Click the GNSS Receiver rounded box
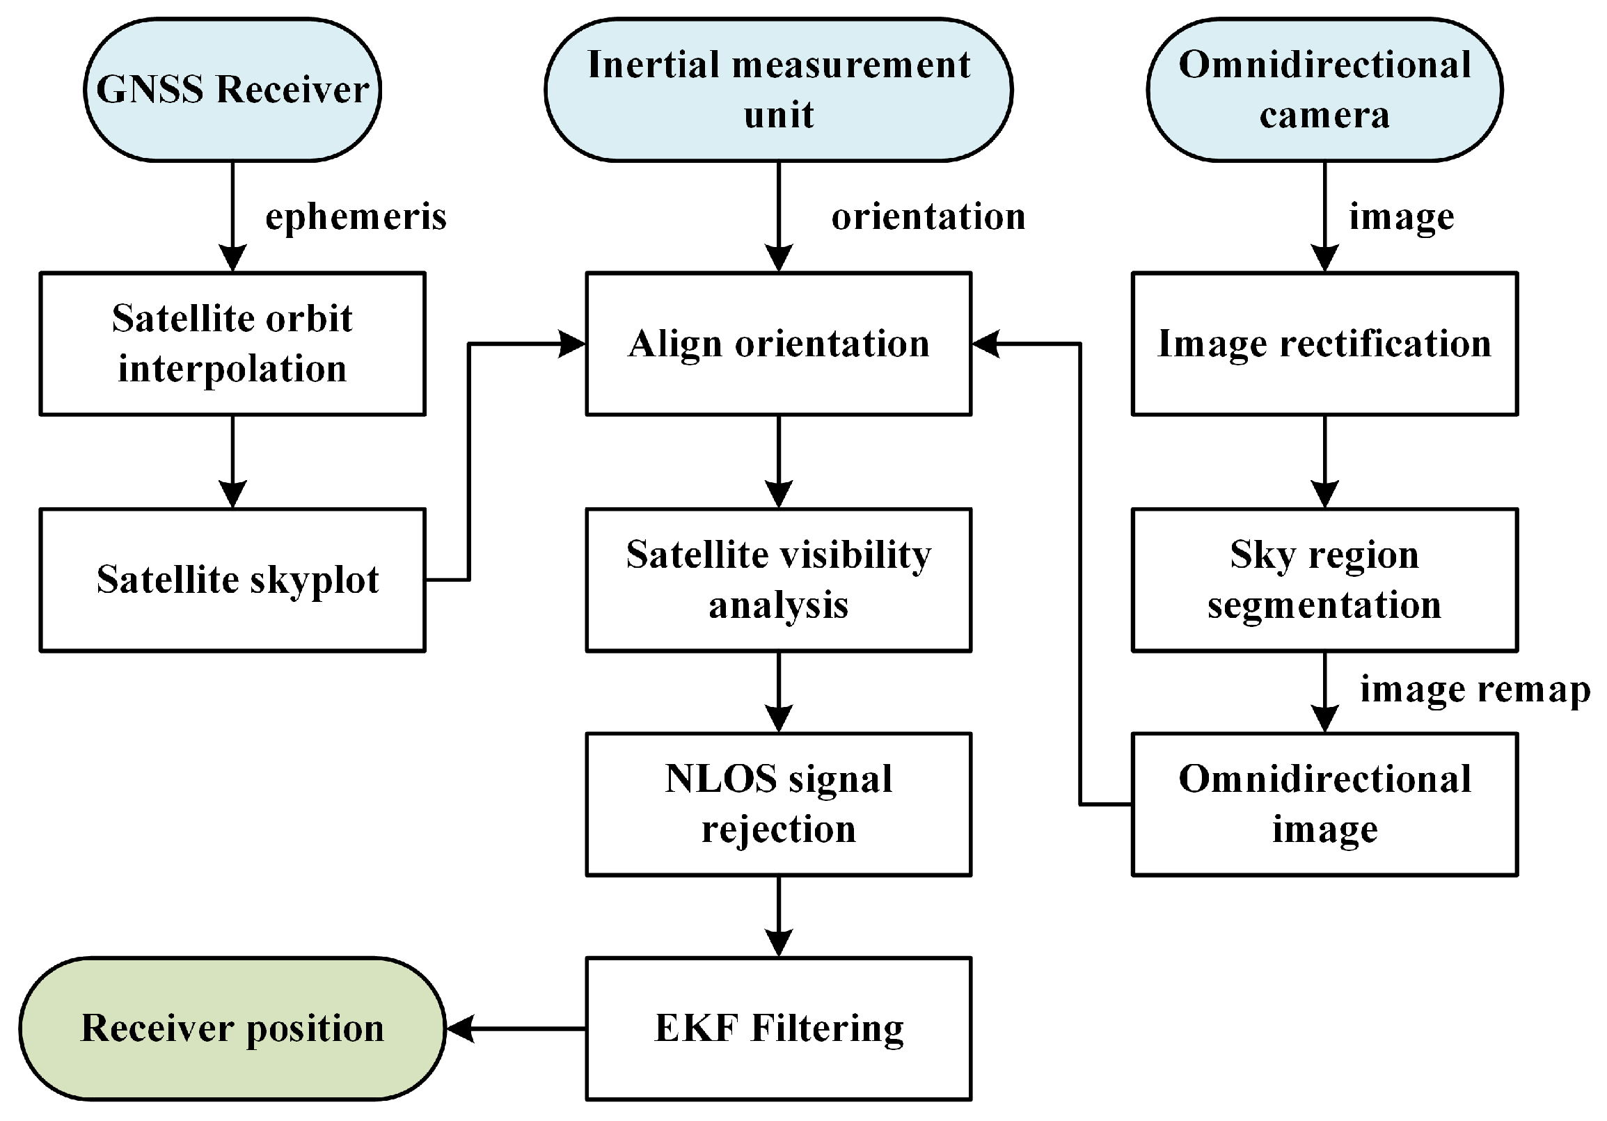pos(232,90)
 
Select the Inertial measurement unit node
pos(778,90)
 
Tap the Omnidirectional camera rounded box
pos(1324,90)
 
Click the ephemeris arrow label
pos(356,217)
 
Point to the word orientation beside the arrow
pos(928,217)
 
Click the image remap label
pos(1474,690)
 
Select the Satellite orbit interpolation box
pos(232,344)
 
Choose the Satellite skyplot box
pos(232,580)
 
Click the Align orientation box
pos(778,344)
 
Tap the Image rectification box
pos(1324,344)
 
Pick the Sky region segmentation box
pos(1324,580)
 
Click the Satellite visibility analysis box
pos(778,580)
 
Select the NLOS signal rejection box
pos(778,804)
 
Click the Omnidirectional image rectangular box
pos(1324,804)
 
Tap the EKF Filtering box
pos(778,1028)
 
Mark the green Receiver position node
pos(232,1028)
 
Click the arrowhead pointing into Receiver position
pos(461,1028)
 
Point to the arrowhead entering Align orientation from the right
pos(987,344)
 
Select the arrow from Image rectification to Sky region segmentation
pos(1324,462)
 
